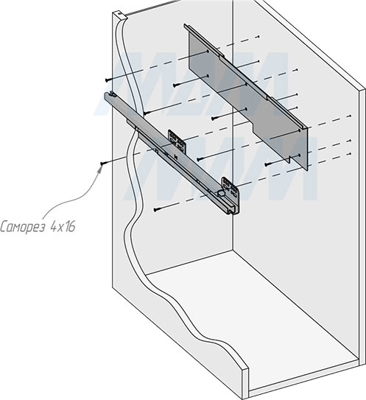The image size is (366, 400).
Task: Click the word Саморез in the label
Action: click(23, 227)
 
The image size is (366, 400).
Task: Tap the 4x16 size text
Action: click(63, 227)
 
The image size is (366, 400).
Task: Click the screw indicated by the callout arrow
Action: click(102, 164)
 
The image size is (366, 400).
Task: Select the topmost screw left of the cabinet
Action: click(108, 80)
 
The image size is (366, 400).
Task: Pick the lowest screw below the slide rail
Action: click(156, 210)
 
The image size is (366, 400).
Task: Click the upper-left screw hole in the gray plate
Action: click(208, 52)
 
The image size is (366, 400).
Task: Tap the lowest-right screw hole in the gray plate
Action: click(300, 155)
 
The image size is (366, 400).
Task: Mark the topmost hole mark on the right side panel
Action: click(259, 37)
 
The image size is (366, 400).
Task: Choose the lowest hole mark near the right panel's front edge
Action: click(351, 153)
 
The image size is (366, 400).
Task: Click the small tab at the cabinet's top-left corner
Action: click(121, 14)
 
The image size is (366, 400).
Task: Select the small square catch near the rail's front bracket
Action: click(221, 193)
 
